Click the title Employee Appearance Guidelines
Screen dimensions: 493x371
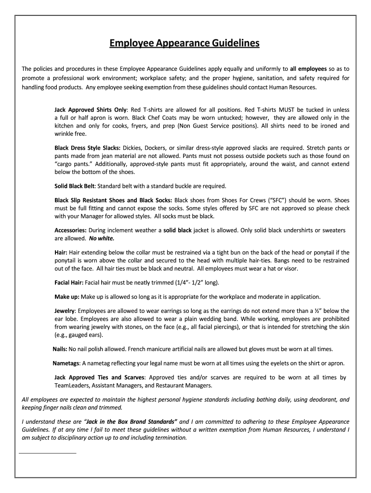(185, 44)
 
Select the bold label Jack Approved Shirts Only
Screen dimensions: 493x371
(90, 110)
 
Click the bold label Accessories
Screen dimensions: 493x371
(70, 230)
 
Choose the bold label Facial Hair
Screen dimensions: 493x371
(69, 283)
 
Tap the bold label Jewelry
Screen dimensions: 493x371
(65, 311)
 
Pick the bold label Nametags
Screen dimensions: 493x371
(66, 363)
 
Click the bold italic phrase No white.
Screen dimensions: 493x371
(102, 238)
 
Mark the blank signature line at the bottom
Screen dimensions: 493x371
(47, 453)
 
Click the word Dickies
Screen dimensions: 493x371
(133, 147)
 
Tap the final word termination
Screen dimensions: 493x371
(168, 438)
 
